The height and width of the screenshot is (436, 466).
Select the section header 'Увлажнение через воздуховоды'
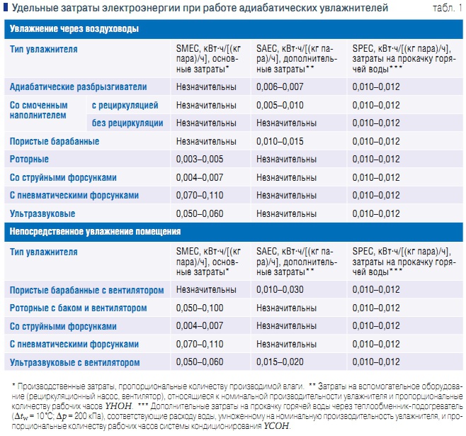click(74, 29)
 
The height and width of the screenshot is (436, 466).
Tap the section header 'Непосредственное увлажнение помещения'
click(94, 232)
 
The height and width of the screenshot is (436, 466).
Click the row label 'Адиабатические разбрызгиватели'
click(79, 86)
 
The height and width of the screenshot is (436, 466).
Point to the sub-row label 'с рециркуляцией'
click(125, 105)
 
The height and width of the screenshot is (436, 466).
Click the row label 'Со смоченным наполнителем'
click(40, 109)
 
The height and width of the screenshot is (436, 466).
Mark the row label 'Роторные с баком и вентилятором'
click(79, 308)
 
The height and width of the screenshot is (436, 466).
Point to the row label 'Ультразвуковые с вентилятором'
click(75, 362)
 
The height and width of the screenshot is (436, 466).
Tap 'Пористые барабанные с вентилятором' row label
click(87, 290)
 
